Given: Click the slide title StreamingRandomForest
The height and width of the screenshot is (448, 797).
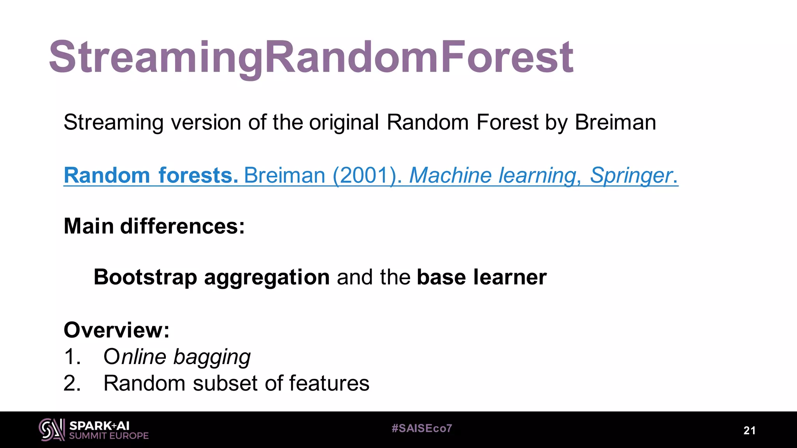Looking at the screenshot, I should click(x=311, y=58).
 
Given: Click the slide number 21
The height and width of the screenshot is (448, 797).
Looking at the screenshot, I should click(x=750, y=430).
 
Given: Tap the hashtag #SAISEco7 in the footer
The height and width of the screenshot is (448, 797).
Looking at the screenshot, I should click(x=422, y=429).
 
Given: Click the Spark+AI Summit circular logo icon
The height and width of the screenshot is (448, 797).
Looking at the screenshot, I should click(x=52, y=430).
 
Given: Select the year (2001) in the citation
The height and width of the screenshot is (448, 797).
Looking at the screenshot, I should click(x=365, y=175).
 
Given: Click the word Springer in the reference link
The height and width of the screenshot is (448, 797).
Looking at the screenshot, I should click(x=631, y=175).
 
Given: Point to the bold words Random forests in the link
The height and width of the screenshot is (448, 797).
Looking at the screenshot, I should click(x=151, y=175).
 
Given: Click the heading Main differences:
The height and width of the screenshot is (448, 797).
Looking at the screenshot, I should click(x=154, y=226).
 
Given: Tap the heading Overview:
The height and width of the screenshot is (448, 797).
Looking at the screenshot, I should click(x=116, y=330).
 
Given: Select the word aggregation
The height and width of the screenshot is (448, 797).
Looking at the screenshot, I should click(x=267, y=278).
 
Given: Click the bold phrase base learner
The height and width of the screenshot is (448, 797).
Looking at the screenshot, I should click(x=481, y=277).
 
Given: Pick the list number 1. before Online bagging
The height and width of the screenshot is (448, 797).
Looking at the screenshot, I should click(x=72, y=357).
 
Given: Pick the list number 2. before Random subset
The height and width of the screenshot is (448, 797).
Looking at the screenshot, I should click(x=72, y=383).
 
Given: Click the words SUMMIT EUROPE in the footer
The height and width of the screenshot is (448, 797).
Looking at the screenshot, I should click(x=109, y=436).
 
